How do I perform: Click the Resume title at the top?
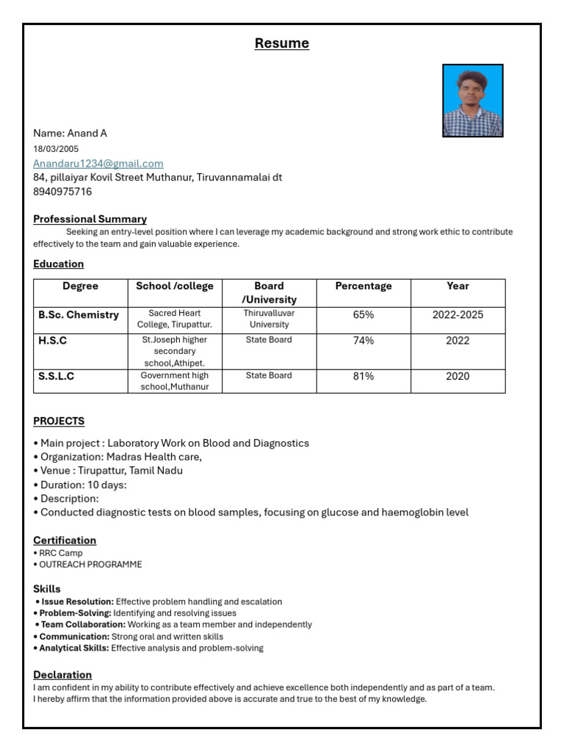click(x=281, y=43)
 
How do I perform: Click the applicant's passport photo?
click(x=472, y=101)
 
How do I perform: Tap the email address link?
click(x=98, y=163)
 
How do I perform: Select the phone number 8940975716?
click(x=62, y=192)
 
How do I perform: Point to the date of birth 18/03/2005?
click(x=56, y=148)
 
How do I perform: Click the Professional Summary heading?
click(x=90, y=219)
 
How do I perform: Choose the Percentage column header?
click(x=364, y=286)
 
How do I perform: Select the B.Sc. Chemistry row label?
click(x=79, y=315)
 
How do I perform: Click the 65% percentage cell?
click(x=364, y=315)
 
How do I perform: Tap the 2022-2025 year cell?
click(x=458, y=315)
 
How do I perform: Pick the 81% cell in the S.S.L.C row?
click(x=364, y=376)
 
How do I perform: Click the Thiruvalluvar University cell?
click(x=269, y=319)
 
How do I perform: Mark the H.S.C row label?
click(x=53, y=341)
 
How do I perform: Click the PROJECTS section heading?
click(x=59, y=421)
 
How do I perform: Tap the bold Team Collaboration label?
click(x=83, y=624)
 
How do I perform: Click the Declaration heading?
click(x=62, y=674)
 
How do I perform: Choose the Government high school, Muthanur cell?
click(x=175, y=381)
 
